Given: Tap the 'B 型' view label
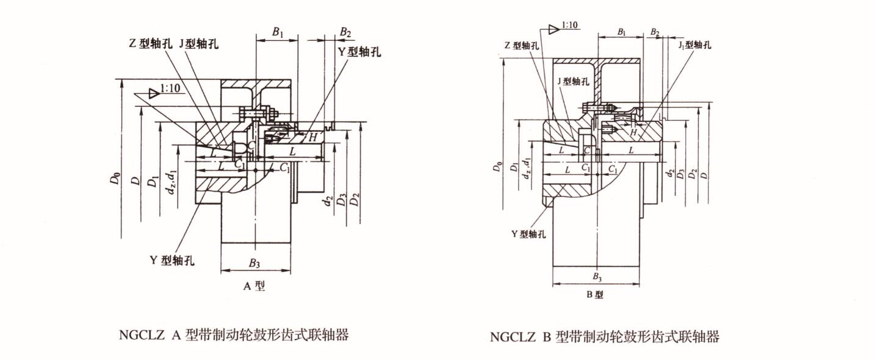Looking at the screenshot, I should (x=595, y=295).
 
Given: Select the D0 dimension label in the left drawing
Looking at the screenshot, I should (x=116, y=181).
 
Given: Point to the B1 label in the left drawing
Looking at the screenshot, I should (x=277, y=32).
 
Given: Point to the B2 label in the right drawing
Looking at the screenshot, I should (x=655, y=32).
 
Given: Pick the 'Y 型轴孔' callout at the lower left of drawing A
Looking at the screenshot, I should (x=172, y=261).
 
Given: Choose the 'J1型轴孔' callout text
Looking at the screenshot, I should (x=694, y=45).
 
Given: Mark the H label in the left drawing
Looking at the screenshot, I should (x=312, y=138).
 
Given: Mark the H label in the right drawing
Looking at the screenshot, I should (x=634, y=132).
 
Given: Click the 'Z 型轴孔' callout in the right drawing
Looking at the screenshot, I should (x=524, y=46).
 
